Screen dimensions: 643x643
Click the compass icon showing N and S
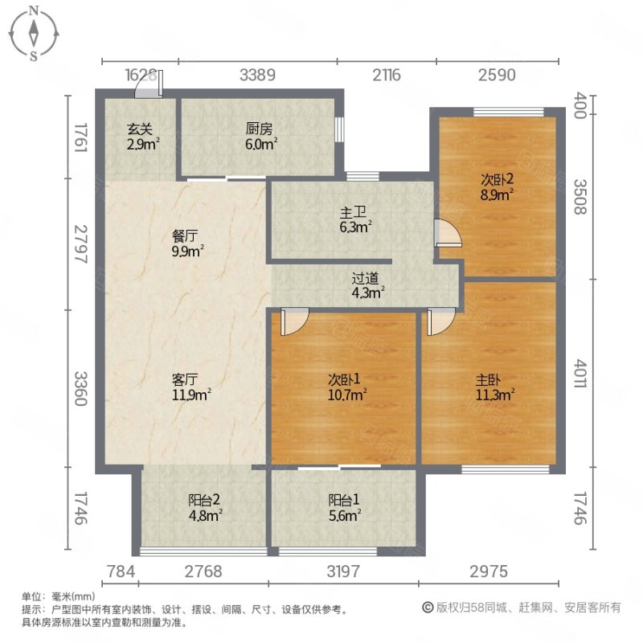coord(35,33)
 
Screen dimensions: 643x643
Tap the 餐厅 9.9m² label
coord(187,244)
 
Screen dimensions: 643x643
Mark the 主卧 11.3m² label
coord(494,386)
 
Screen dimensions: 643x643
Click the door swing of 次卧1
coord(294,322)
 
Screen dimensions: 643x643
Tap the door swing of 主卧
coord(440,322)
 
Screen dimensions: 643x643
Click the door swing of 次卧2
coord(447,232)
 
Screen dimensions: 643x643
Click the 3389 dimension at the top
coord(259,76)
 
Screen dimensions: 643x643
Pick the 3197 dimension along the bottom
coord(344,572)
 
